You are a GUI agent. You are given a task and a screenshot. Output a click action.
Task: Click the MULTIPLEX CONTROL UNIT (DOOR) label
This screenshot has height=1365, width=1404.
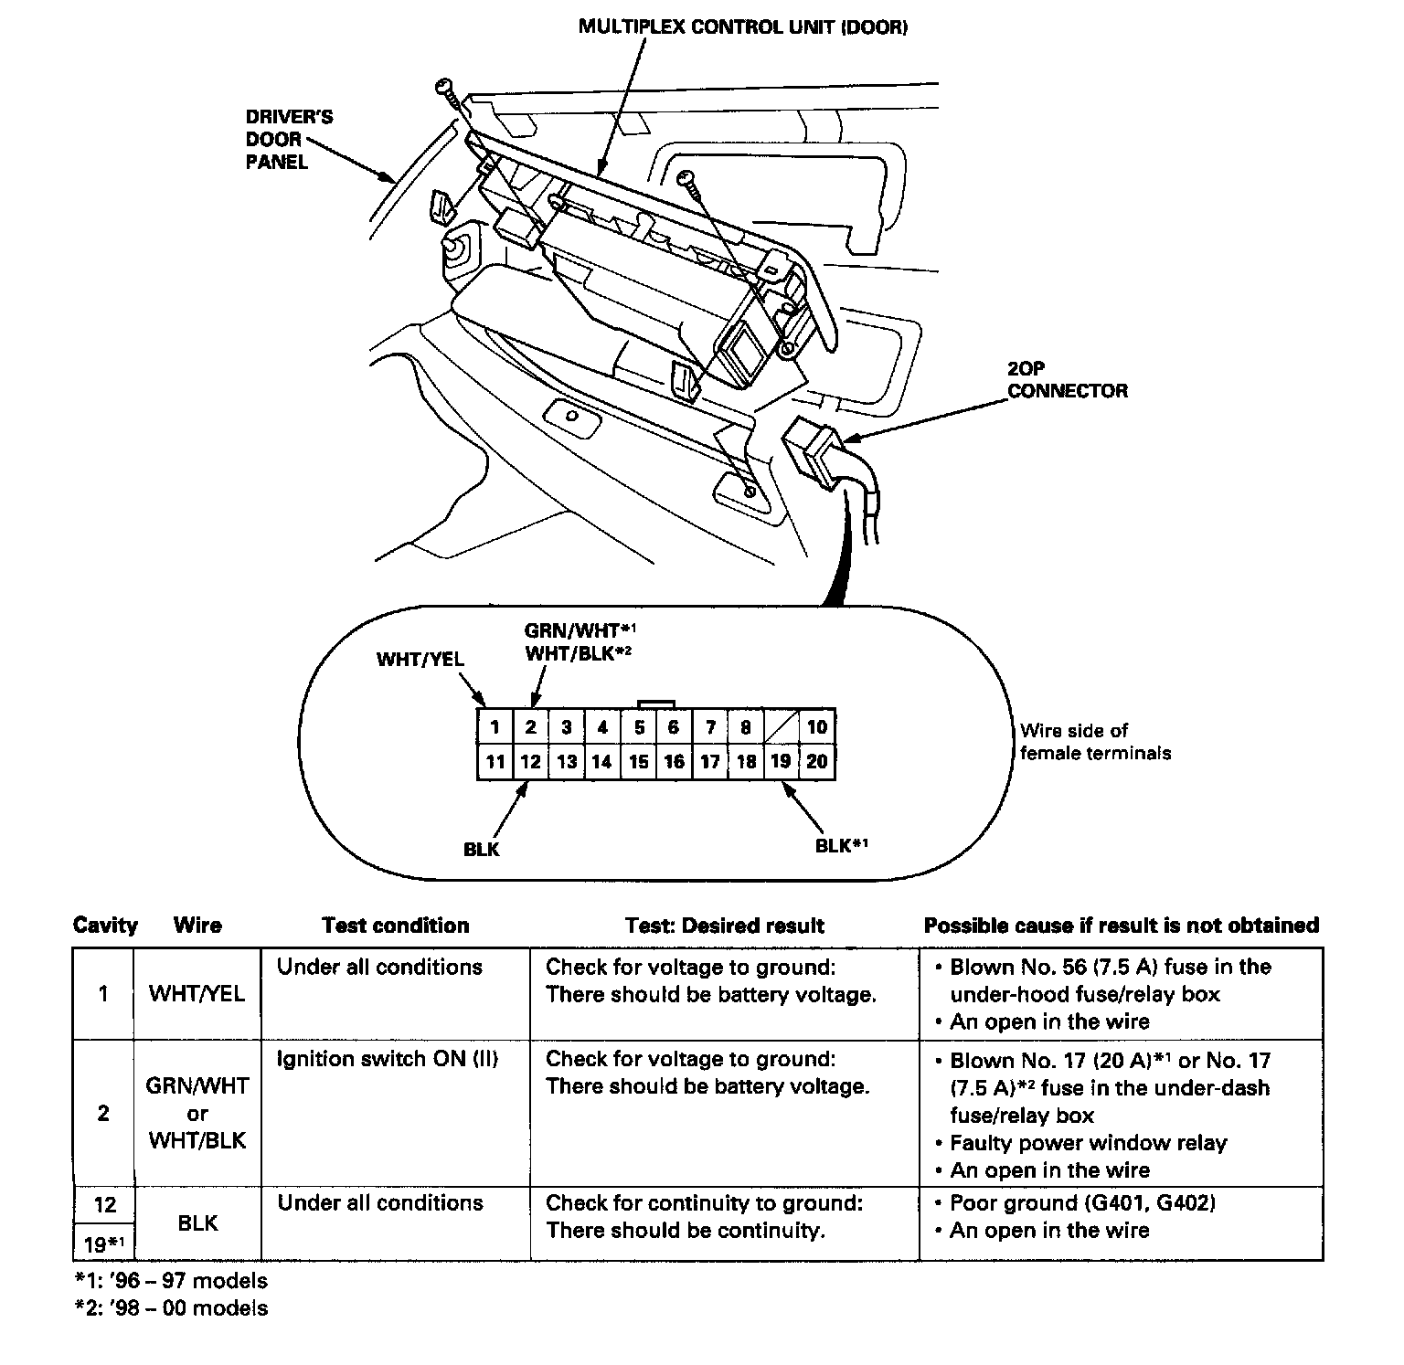[x=743, y=27]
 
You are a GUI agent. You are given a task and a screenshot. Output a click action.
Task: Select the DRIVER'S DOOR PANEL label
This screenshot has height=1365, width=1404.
[x=289, y=140]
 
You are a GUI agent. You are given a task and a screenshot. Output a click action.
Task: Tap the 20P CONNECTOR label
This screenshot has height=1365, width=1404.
[x=1067, y=379]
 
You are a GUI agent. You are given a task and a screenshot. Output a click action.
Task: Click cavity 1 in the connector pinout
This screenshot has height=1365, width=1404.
[x=495, y=727]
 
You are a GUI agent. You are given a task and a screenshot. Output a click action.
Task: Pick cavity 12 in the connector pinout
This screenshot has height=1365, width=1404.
[x=530, y=762]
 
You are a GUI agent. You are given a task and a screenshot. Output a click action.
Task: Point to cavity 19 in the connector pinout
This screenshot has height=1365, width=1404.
[x=782, y=762]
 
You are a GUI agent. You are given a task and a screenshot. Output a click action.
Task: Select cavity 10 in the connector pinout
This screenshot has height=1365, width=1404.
[x=817, y=727]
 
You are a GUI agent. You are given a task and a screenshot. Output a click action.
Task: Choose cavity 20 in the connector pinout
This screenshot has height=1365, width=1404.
[x=817, y=762]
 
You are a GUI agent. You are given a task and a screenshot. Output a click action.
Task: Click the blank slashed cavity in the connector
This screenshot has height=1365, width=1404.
[x=782, y=727]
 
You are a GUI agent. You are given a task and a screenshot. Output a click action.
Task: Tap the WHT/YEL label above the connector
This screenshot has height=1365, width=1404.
[x=420, y=659]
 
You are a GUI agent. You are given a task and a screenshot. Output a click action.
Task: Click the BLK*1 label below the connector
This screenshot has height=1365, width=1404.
[x=841, y=846]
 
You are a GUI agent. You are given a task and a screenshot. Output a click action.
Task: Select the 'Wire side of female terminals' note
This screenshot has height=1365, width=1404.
[x=1094, y=742]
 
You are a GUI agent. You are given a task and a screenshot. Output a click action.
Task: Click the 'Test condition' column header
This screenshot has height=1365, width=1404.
[x=395, y=926]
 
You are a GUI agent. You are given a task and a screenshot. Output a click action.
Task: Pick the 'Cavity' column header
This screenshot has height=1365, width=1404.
[x=105, y=926]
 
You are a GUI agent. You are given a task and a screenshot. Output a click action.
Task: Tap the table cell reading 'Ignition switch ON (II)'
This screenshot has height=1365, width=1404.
[x=387, y=1060]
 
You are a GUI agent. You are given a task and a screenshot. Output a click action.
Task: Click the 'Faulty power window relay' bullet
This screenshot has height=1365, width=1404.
[x=1088, y=1143]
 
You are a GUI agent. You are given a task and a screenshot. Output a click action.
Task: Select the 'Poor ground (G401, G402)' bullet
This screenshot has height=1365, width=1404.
[x=1082, y=1203]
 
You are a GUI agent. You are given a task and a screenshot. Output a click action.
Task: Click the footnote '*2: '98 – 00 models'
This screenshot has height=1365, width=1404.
[x=171, y=1308]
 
